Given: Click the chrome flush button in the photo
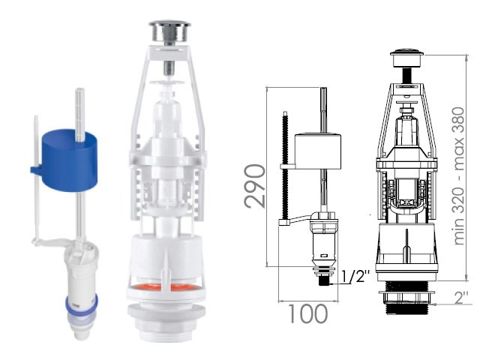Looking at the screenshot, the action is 169,31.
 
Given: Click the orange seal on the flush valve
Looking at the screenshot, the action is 165,288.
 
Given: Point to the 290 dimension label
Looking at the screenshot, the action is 255,186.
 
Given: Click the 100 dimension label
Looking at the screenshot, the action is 307,313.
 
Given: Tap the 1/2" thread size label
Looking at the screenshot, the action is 355,276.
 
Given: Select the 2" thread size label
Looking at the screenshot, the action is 461,297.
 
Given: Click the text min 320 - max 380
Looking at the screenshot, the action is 458,175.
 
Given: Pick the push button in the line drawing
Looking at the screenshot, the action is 406,58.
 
